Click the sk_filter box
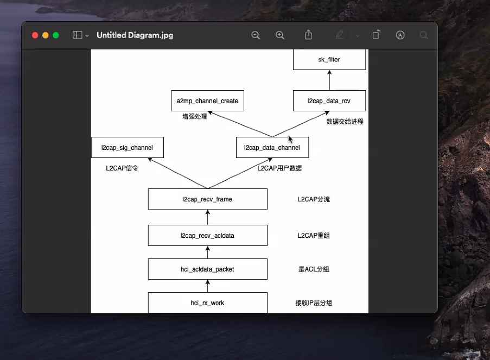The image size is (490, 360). (329, 59)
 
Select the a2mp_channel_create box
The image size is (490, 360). (207, 101)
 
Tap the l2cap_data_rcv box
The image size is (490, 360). (329, 101)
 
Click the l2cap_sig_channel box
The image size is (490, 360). (127, 148)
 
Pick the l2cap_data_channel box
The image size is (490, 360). (272, 148)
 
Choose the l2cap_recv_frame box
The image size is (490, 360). (207, 199)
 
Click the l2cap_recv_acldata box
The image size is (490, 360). (207, 236)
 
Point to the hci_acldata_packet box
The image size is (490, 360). (207, 269)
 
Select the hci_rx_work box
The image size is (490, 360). (207, 303)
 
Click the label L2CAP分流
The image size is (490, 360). (313, 199)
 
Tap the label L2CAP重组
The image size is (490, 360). (313, 236)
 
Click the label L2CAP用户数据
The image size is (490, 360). (279, 168)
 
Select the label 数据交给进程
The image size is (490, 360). (345, 122)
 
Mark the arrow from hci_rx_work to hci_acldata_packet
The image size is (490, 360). (207, 286)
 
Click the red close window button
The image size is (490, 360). (35, 35)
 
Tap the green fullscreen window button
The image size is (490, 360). (56, 35)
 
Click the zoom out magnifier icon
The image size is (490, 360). (256, 35)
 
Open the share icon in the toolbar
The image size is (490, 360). (308, 35)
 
